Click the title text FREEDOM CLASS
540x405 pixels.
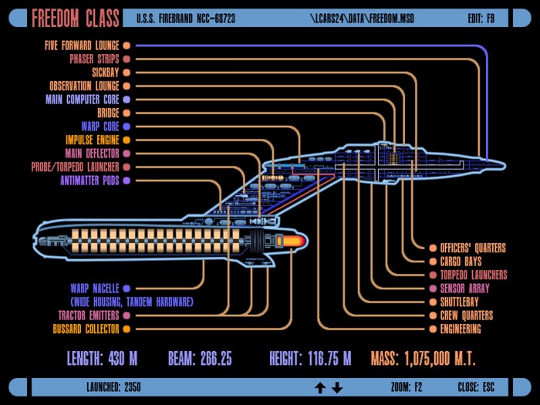(76, 19)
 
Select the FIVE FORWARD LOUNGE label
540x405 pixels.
(82, 46)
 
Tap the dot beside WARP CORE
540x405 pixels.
(127, 127)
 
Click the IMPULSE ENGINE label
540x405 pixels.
(93, 140)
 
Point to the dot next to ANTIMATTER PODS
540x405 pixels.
(127, 181)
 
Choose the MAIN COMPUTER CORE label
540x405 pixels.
(83, 100)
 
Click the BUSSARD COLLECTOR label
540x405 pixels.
(86, 329)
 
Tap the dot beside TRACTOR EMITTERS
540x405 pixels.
(127, 316)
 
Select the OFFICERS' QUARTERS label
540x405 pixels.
(473, 248)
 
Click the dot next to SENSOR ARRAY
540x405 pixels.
(433, 289)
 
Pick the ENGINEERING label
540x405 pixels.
(461, 329)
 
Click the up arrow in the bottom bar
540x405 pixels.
(320, 388)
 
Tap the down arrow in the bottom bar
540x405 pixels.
(337, 388)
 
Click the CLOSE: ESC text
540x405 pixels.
(476, 387)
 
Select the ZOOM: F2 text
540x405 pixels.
(407, 387)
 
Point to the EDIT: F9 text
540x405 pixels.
(481, 19)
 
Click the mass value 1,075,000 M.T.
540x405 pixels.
(440, 359)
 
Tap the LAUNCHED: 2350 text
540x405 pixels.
(113, 387)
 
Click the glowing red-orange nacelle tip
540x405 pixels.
(294, 241)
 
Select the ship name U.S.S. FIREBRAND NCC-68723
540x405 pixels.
(186, 19)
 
